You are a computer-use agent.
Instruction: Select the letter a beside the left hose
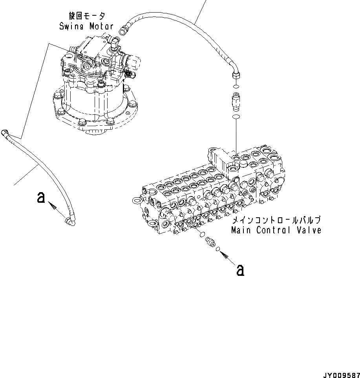[x=40, y=198]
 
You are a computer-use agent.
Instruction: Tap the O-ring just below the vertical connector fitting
[x=236, y=117]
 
